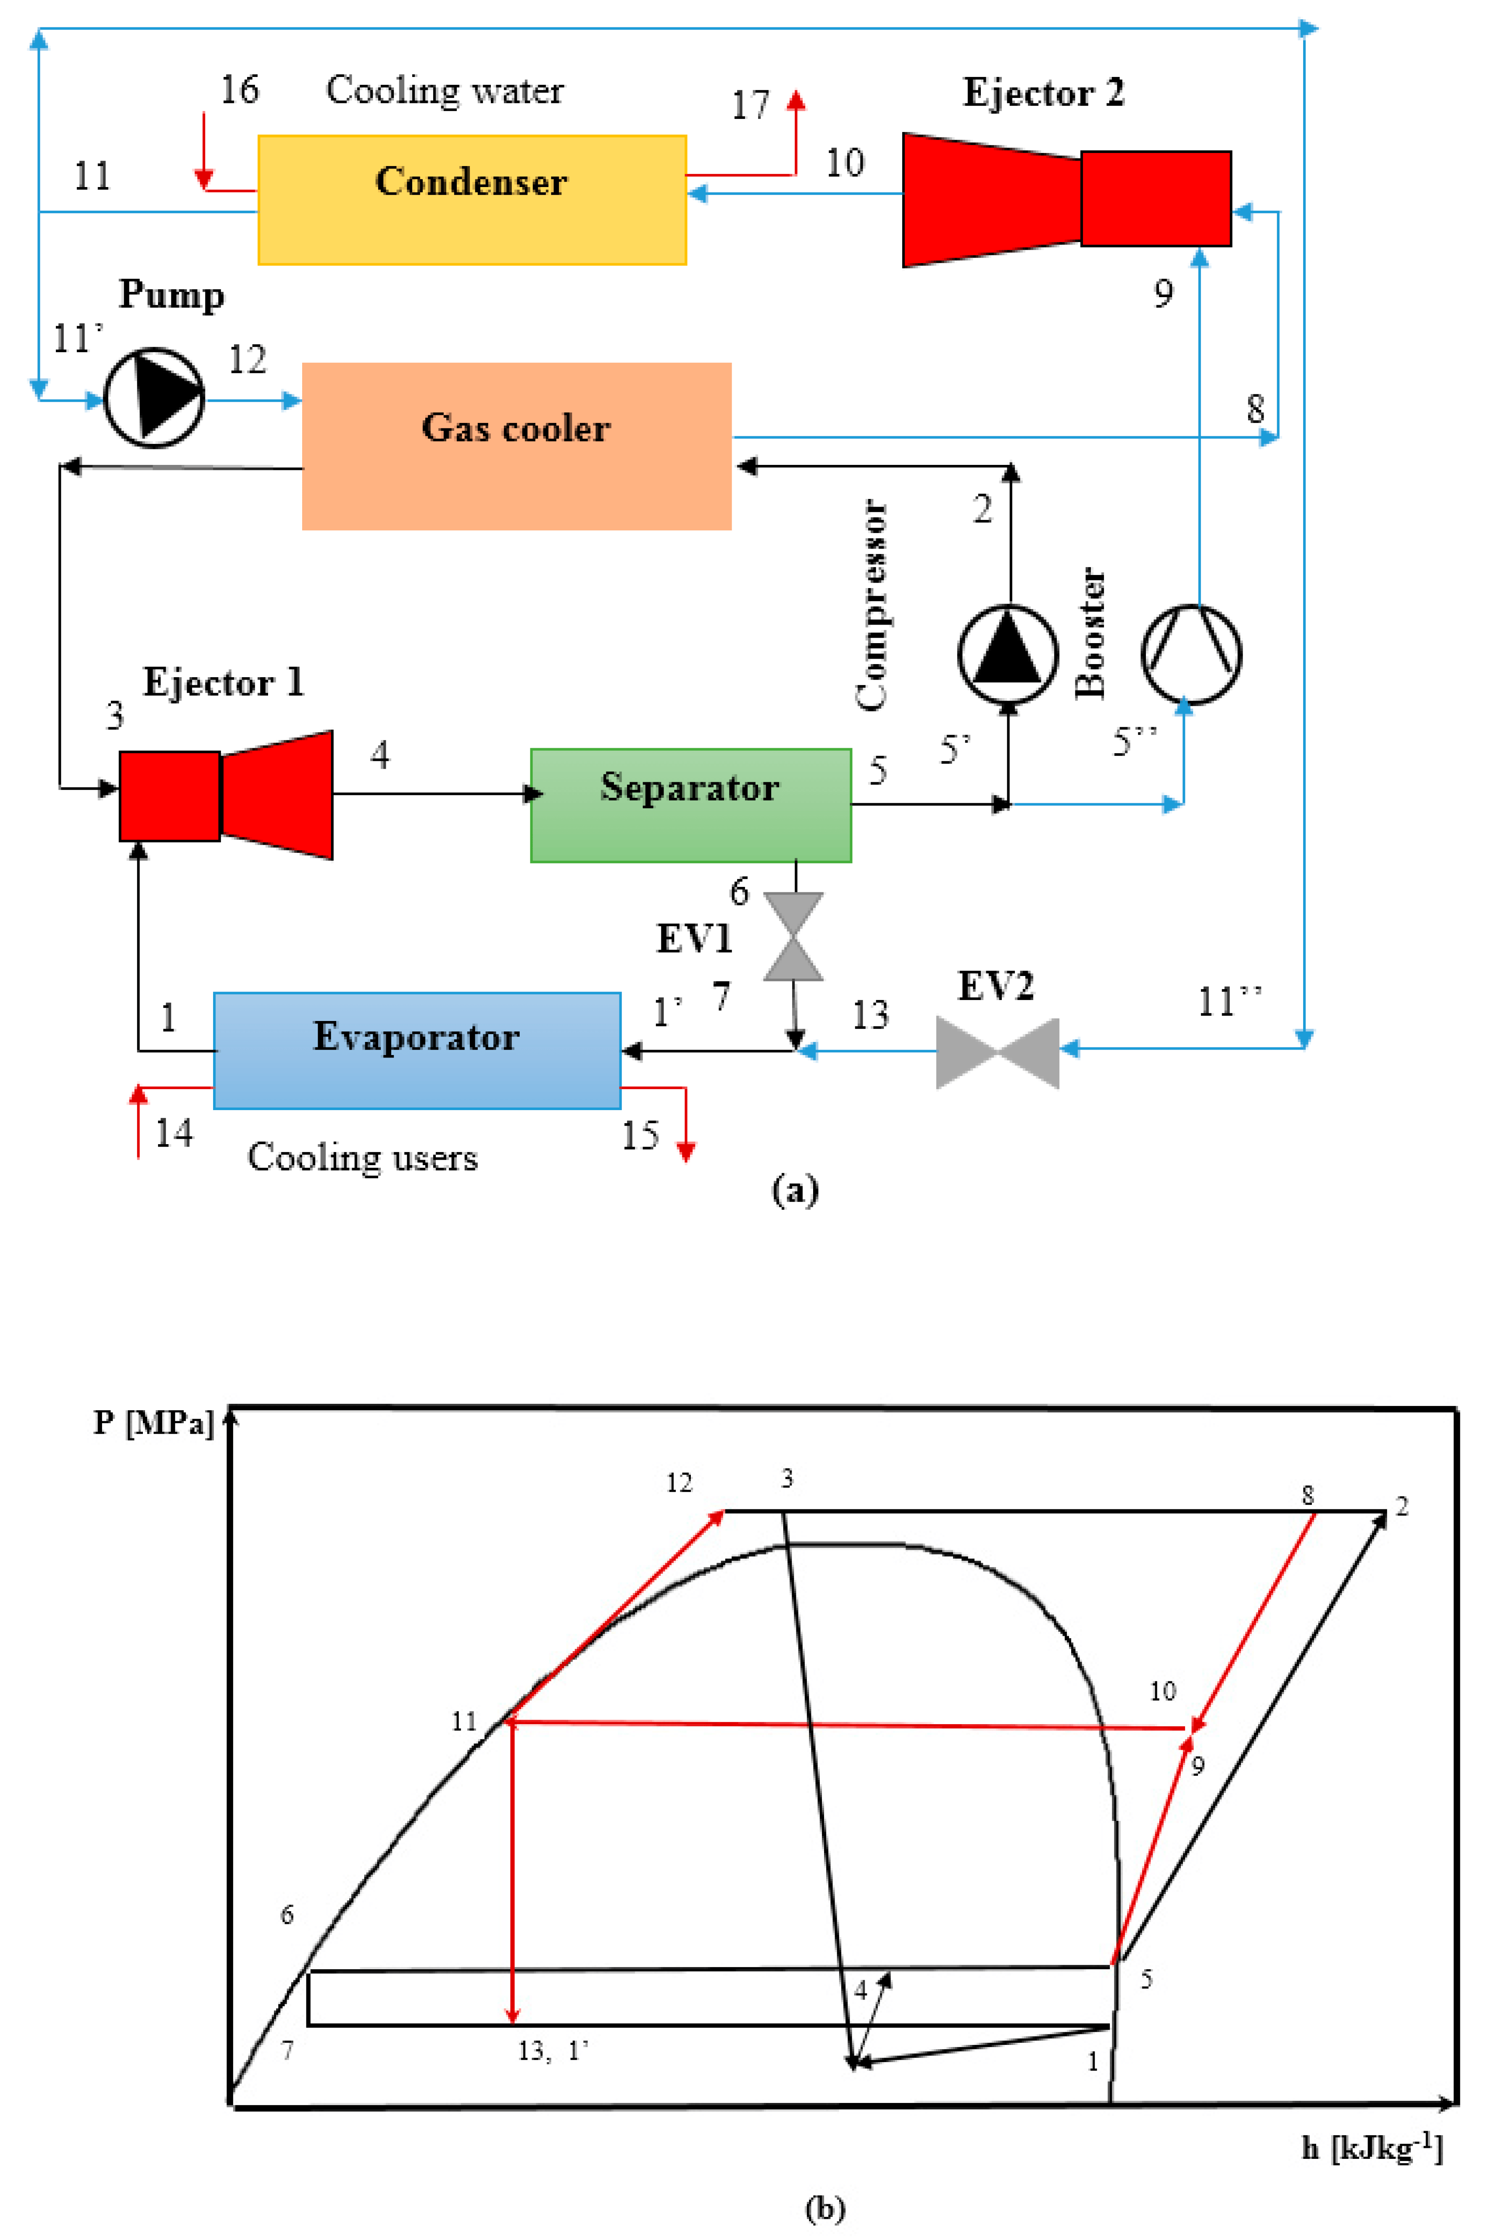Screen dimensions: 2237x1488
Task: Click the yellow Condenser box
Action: [x=471, y=199]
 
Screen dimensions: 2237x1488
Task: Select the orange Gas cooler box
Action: [x=516, y=446]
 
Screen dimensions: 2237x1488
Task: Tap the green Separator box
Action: [x=690, y=805]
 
